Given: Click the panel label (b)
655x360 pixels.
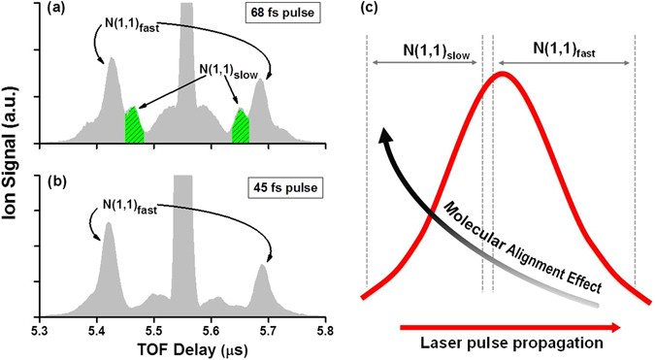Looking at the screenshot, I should [x=52, y=182].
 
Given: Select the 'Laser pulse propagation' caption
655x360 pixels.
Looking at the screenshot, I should [x=510, y=343].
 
